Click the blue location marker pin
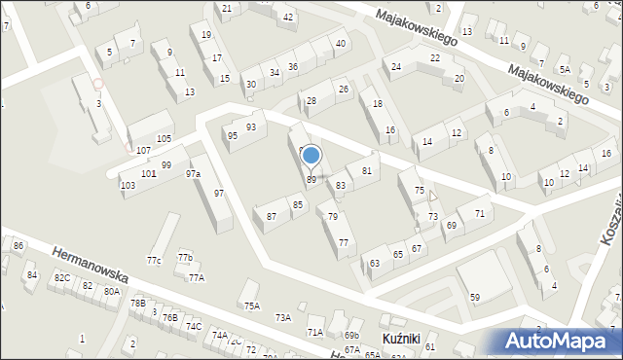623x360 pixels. pos(311,155)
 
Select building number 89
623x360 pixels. pos(311,180)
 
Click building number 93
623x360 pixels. pos(251,127)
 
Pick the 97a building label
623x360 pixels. pos(194,174)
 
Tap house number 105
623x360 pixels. pos(165,139)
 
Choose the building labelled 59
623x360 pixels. pos(475,297)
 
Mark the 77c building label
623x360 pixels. pos(154,261)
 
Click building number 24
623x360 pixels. pos(396,66)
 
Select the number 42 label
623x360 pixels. pos(288,18)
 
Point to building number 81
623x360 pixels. pos(367,171)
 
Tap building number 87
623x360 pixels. pos(272,216)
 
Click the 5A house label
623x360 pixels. pos(565,69)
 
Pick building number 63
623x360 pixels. pos(375,263)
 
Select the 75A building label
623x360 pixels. pos(252,306)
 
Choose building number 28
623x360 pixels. pos(311,100)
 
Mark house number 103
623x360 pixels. pos(128,185)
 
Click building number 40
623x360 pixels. pos(340,44)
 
